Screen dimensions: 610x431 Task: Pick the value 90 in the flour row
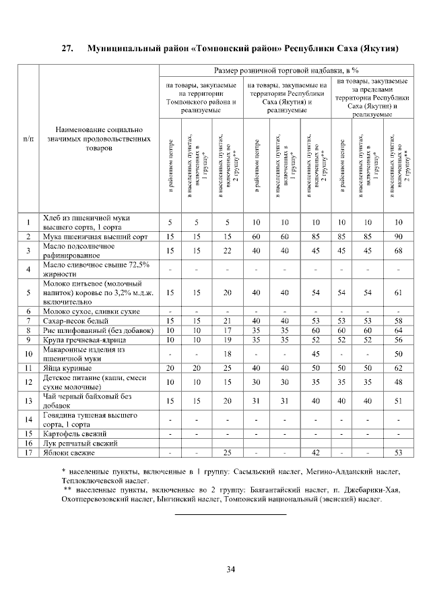[399, 237]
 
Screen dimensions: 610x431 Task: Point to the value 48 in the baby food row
[399, 382]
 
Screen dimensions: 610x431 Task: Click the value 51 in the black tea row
[399, 400]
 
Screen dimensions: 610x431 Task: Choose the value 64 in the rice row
[399, 330]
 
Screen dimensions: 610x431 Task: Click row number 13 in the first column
[28, 400]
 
